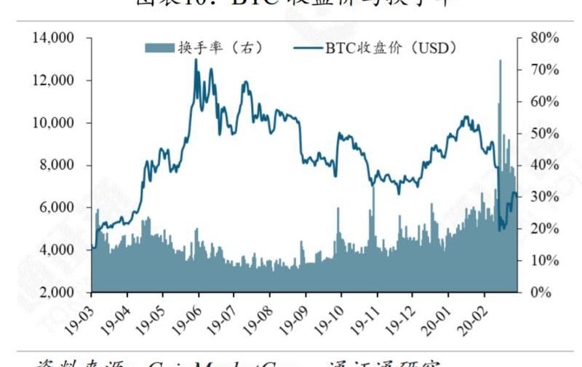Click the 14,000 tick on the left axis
coord(54,38)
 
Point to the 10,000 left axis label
coord(54,123)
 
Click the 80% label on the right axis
coord(543,38)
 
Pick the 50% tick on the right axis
coord(543,133)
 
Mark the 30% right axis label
coord(543,197)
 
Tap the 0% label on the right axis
coord(546,293)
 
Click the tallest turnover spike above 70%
coord(500,61)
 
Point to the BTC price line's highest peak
coord(196,60)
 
